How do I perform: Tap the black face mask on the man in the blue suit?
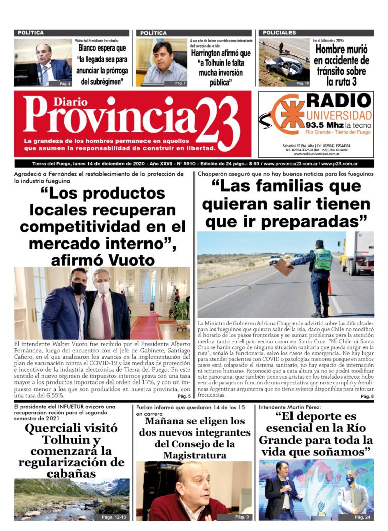coord(78,288)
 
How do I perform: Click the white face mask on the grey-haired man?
coord(103,287)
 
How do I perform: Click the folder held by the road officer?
coord(285,267)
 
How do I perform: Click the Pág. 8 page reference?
coord(367,397)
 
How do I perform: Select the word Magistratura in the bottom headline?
coord(194,455)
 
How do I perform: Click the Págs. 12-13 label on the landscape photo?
coord(114,517)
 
